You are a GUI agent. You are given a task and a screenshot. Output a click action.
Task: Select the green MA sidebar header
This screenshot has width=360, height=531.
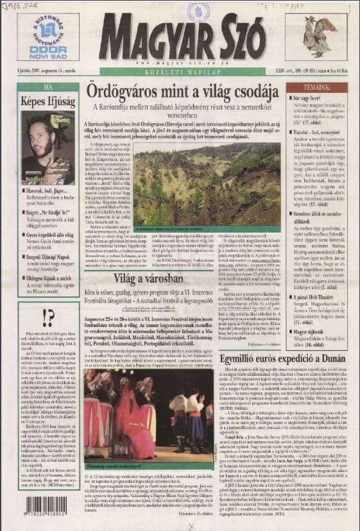click(x=48, y=87)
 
